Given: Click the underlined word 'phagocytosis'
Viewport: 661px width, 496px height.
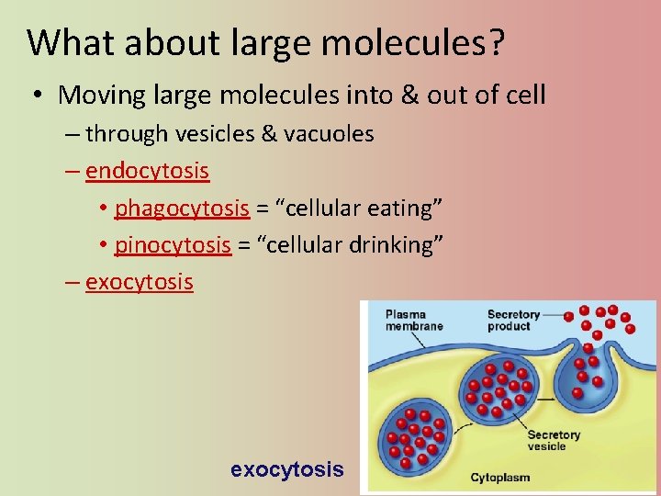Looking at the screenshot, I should (x=182, y=209).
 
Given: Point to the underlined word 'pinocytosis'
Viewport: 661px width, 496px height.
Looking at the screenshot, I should (x=173, y=245).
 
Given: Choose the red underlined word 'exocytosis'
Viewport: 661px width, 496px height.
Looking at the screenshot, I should (x=140, y=282).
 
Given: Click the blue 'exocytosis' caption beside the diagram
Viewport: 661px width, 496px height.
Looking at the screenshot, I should (x=287, y=469).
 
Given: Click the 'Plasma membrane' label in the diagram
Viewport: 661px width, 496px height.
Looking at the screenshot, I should (x=414, y=321).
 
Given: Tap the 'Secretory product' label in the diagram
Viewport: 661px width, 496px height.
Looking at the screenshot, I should (x=513, y=321).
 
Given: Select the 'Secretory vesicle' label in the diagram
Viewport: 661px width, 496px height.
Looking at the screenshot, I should (x=554, y=440).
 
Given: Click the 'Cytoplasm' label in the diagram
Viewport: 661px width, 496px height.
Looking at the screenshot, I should (x=499, y=478).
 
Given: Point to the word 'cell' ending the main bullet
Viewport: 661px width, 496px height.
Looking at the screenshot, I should (x=524, y=95).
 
